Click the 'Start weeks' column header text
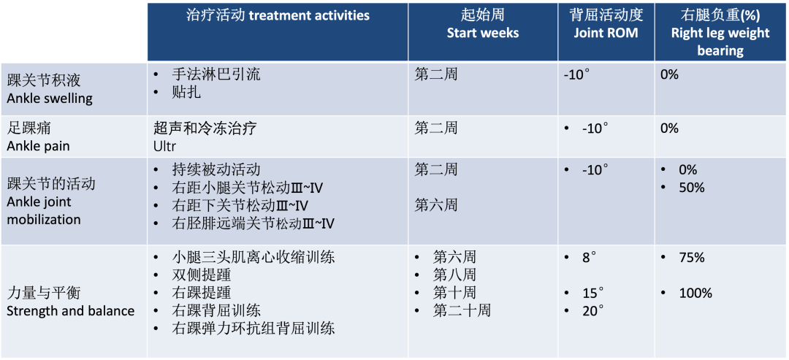coord(483,34)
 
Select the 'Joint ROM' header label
coord(606,34)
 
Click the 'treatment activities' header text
coord(310,15)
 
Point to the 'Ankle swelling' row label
coord(50,98)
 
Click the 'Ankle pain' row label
coord(38,146)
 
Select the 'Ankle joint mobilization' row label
coord(44,211)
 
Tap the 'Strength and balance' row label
coord(70,311)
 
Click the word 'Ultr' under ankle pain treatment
coord(164,146)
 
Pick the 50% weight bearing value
coord(691,188)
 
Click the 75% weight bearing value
coord(691,258)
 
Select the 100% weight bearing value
coord(695,293)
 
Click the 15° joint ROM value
coord(592,293)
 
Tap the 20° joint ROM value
coord(592,311)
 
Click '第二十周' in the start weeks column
coord(462,311)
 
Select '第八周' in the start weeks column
coord(454,275)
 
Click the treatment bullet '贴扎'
coord(186,93)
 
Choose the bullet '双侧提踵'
coord(201,275)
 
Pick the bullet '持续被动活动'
coord(216,170)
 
